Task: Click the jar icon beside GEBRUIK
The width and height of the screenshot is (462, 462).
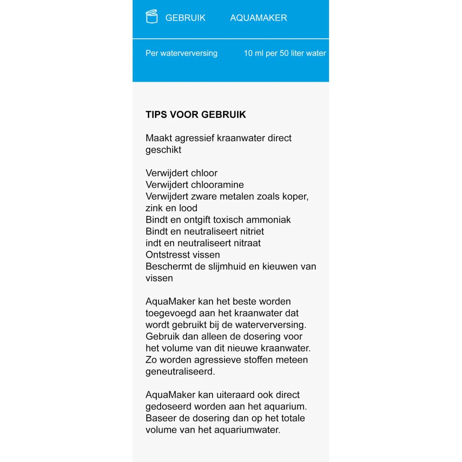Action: tap(152, 17)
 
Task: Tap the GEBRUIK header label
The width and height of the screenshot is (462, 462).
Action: tap(185, 18)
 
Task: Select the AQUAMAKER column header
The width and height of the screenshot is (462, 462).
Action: tap(259, 18)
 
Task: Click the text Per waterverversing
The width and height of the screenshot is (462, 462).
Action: tap(181, 53)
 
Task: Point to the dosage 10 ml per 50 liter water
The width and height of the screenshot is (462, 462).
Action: tap(284, 53)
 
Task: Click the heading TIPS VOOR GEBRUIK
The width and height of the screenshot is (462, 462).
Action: tap(196, 115)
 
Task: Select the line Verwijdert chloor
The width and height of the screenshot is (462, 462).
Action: tap(181, 173)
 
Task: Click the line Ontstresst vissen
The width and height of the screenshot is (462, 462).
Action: tap(183, 255)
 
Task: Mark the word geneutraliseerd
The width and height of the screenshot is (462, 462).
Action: tap(180, 371)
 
